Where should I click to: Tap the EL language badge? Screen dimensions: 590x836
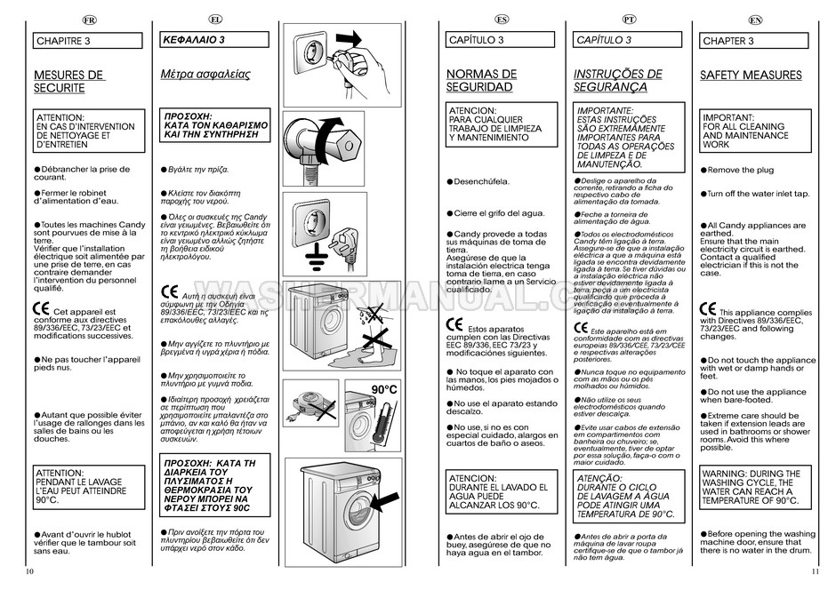(216, 20)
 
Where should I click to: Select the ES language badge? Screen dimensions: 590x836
(502, 20)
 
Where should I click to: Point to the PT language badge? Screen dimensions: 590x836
(630, 20)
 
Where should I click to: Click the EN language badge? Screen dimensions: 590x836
(756, 20)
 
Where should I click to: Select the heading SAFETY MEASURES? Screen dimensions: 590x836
(751, 76)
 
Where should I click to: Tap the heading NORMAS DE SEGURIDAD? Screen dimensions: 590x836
(480, 81)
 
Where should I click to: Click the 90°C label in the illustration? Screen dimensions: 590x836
(383, 390)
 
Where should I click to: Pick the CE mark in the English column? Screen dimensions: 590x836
(708, 310)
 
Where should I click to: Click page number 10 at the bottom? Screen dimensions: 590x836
(30, 570)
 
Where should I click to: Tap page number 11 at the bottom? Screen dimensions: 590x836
(815, 570)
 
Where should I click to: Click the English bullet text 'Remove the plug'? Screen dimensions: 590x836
(740, 170)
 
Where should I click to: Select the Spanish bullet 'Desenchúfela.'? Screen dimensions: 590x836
(481, 181)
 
